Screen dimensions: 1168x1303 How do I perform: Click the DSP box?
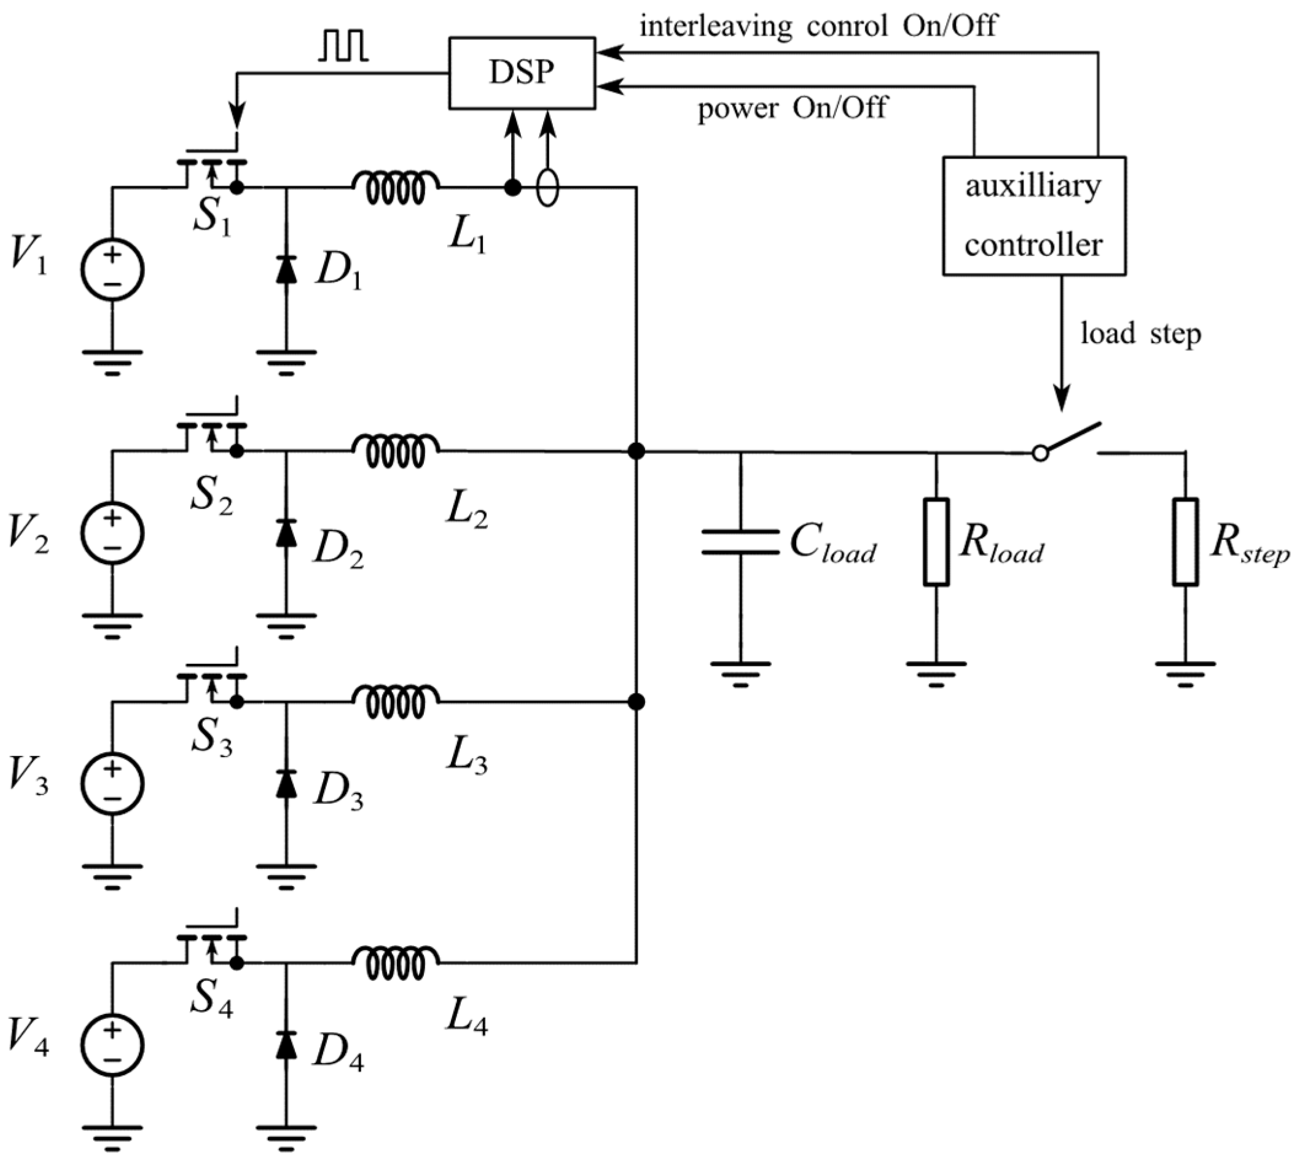coord(521,73)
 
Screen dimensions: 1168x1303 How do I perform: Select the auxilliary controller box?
coord(1033,216)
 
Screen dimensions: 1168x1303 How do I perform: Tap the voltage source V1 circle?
coord(112,270)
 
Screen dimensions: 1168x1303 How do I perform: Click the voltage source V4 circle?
coord(112,1045)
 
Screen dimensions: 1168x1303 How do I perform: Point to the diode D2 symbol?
coord(286,532)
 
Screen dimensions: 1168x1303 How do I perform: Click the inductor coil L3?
coord(396,702)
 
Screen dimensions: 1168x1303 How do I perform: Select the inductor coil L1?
coord(396,187)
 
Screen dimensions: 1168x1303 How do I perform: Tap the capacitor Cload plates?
coord(740,542)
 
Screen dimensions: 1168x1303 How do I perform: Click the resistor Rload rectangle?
coord(936,542)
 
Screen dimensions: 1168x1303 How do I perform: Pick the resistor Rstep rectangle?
coord(1185,542)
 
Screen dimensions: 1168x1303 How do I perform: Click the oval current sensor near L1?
coord(547,187)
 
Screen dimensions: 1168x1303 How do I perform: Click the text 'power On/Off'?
coord(792,108)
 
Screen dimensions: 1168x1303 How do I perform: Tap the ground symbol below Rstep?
coord(1185,672)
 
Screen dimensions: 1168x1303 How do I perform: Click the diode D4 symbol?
coord(286,1045)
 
